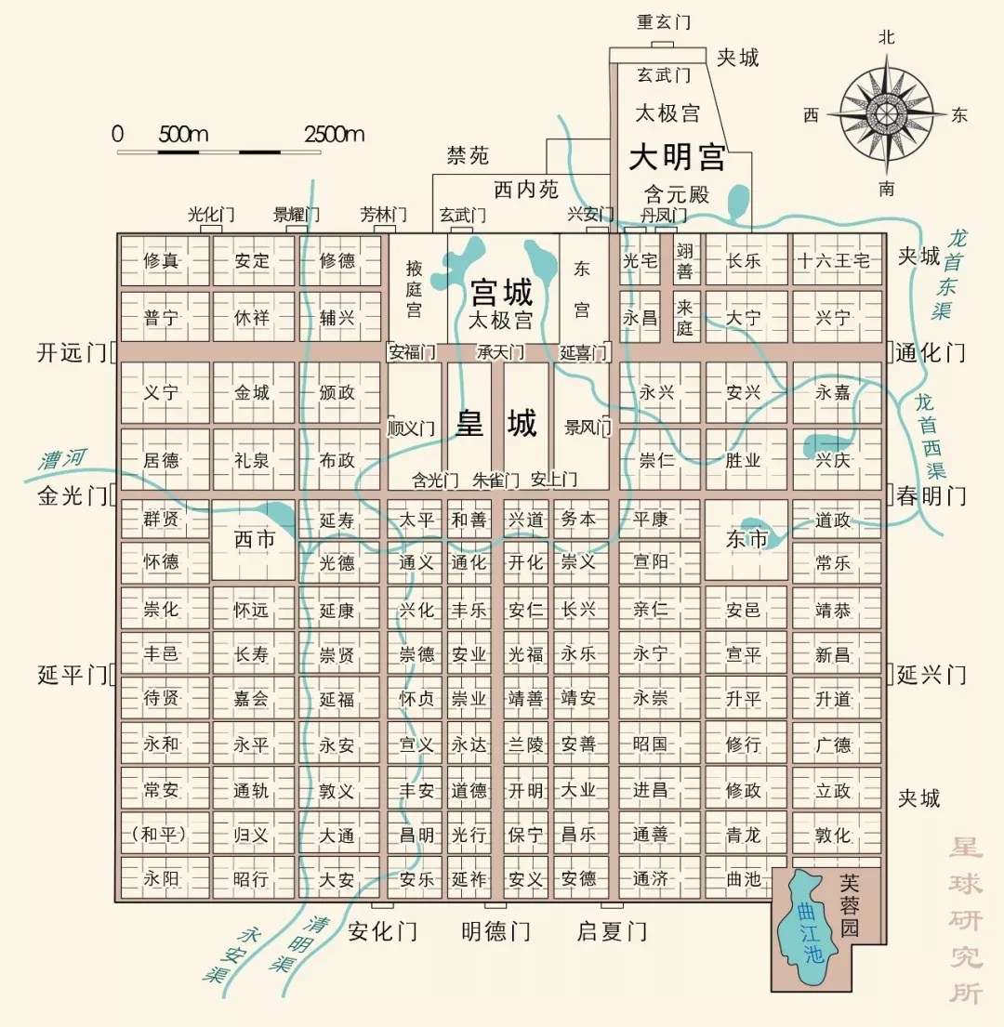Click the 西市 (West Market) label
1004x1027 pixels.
256,539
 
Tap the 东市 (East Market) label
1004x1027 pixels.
746,539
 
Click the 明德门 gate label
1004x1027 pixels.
495,931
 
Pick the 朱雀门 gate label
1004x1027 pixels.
495,481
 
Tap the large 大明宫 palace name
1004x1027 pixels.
677,157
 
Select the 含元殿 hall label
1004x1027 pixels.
677,195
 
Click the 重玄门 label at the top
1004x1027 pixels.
662,22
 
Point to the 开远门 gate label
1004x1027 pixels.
72,353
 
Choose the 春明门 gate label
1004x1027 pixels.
931,495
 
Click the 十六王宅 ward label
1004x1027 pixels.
834,261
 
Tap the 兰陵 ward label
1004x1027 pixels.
525,744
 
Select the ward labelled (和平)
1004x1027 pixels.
163,835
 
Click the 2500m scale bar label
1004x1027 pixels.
335,134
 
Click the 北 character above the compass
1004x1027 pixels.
887,37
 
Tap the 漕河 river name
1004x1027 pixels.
62,458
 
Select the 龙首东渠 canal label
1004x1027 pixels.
951,274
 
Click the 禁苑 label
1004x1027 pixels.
468,155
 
